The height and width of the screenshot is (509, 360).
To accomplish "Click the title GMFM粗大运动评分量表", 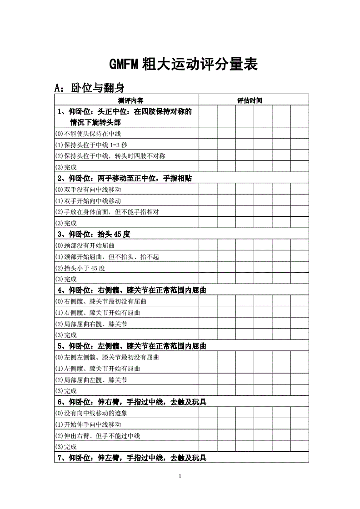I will pos(183,65).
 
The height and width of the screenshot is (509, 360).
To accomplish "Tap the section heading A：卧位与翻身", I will pos(89,87).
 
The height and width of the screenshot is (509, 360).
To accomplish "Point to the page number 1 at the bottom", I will pos(180,476).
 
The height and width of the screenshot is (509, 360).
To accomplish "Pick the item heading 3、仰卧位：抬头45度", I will pos(94,235).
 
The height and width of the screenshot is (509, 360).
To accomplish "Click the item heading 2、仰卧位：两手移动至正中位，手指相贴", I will pos(124,178).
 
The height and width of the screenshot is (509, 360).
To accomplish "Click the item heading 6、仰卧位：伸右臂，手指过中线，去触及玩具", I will pos(131,402).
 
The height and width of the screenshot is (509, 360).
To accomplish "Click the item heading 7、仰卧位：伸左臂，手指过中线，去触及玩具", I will pos(131,458).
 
